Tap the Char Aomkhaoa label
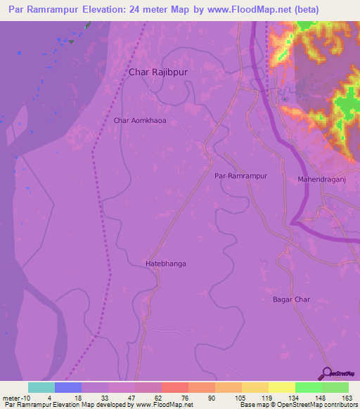[140, 121]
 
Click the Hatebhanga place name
[165, 264]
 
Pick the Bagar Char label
[291, 299]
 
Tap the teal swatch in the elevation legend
[41, 387]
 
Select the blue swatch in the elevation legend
[68, 387]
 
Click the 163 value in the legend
[348, 397]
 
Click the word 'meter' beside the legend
[12, 397]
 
